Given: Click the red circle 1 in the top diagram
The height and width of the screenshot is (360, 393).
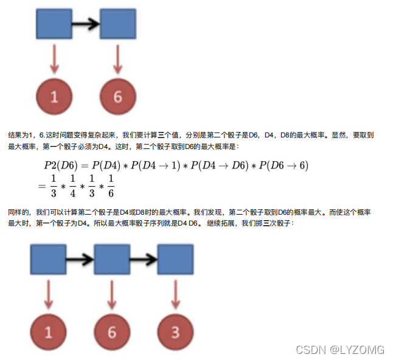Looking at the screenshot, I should coord(54,96).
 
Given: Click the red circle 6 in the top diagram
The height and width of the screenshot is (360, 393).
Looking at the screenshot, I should coord(117,96).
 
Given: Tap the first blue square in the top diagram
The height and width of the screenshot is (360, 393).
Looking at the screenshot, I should coord(54,25).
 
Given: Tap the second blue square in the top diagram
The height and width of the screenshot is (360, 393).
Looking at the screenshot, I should coord(117,25).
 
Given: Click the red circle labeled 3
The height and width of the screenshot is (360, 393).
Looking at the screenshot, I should coord(175,332).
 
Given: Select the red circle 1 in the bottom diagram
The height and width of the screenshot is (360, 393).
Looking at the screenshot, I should coord(48,332).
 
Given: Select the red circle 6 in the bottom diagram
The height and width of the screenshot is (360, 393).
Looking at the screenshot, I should coord(111,332).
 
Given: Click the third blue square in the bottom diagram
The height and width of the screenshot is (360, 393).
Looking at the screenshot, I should coord(175,260).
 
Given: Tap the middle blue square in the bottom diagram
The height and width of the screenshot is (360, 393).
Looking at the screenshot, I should coord(111,260).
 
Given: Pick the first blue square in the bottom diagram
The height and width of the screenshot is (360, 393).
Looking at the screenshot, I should coord(48,260).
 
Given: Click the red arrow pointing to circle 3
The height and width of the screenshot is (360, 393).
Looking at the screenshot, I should coord(175,296).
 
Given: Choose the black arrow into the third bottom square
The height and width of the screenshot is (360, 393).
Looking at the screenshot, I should coord(144,260).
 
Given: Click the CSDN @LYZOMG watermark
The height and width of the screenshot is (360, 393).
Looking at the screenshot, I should coord(339,350).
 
